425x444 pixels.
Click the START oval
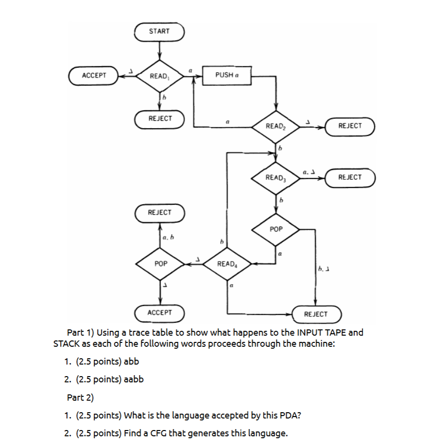[x=159, y=31]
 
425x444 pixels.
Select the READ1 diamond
[x=159, y=76]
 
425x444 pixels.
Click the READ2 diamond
[x=276, y=126]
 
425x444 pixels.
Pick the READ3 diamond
[x=276, y=178]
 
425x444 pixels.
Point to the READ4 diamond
[x=227, y=264]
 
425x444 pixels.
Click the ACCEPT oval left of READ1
[x=94, y=76]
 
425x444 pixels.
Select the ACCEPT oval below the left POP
[x=160, y=313]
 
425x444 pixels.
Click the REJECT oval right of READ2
[x=350, y=126]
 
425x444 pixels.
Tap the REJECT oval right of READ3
[x=350, y=177]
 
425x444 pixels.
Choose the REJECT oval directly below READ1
[x=160, y=118]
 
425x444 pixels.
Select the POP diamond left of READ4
[x=161, y=264]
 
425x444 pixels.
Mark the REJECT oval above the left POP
[x=159, y=212]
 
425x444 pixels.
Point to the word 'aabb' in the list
[x=134, y=379]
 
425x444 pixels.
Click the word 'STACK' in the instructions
[x=67, y=344]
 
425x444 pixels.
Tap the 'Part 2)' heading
[x=80, y=397]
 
